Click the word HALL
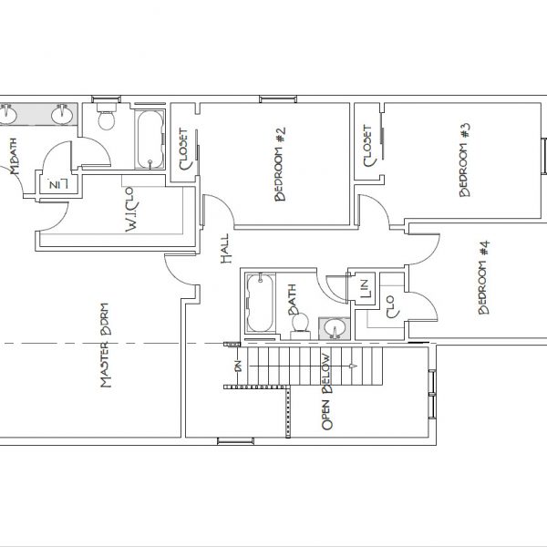tap(225, 248)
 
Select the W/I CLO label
tap(129, 209)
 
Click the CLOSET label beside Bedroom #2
tap(184, 149)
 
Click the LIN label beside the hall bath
tap(365, 287)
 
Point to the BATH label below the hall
tap(295, 297)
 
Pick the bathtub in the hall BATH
tap(260, 303)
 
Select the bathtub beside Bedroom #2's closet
tap(149, 139)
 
